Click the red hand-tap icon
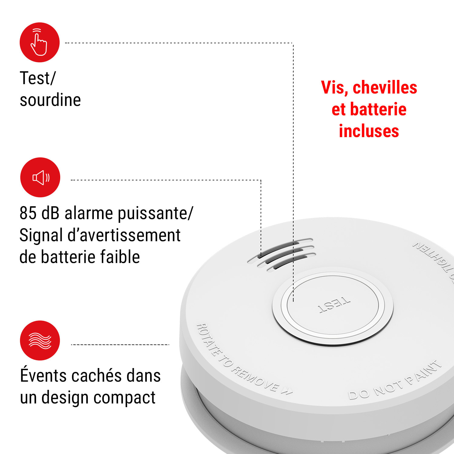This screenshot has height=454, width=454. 40,42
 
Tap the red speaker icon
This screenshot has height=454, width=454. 40,177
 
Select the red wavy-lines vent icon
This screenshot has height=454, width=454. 40,340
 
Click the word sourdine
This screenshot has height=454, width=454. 50,100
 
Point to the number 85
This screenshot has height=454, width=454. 28,213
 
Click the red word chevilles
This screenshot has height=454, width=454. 385,88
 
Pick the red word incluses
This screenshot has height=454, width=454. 369,131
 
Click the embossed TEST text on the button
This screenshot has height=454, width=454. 334,305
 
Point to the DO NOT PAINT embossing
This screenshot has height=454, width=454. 394,380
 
